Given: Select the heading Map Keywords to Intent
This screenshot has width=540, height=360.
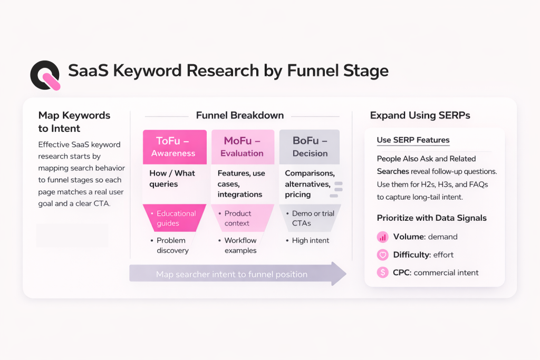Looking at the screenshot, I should [74, 121].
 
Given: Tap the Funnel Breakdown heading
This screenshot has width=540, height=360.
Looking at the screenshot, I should [239, 115].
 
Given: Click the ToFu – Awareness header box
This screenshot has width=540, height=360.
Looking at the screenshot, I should [175, 147].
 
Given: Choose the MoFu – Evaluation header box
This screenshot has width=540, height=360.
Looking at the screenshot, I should [243, 147].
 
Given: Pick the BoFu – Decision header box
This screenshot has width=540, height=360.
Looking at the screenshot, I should [310, 147].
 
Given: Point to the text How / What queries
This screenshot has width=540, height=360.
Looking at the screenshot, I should [172, 179].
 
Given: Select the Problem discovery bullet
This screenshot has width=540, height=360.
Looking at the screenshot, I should [172, 245].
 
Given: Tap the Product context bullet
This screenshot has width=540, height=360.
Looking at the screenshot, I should [237, 218].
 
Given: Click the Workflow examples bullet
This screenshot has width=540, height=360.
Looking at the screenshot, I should [240, 245].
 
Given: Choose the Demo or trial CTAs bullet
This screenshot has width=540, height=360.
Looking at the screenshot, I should [313, 218].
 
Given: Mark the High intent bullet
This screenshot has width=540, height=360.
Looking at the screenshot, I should [311, 240].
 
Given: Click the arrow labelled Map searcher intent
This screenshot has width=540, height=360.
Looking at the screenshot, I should [237, 274].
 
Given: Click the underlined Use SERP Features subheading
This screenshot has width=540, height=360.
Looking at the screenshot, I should [413, 140].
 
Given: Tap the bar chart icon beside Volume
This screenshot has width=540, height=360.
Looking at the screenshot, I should [383, 237].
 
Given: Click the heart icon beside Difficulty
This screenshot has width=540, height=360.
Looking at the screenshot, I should [383, 255].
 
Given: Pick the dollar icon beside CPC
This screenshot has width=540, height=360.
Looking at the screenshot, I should [383, 273].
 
